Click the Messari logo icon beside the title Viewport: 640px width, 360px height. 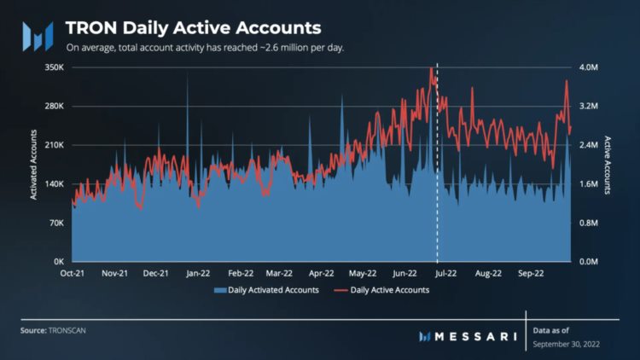click(39, 35)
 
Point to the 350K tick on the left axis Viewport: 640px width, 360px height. click(53, 67)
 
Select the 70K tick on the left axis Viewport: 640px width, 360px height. click(55, 223)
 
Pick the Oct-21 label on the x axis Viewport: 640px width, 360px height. click(73, 275)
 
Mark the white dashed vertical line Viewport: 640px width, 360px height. click(437, 171)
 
